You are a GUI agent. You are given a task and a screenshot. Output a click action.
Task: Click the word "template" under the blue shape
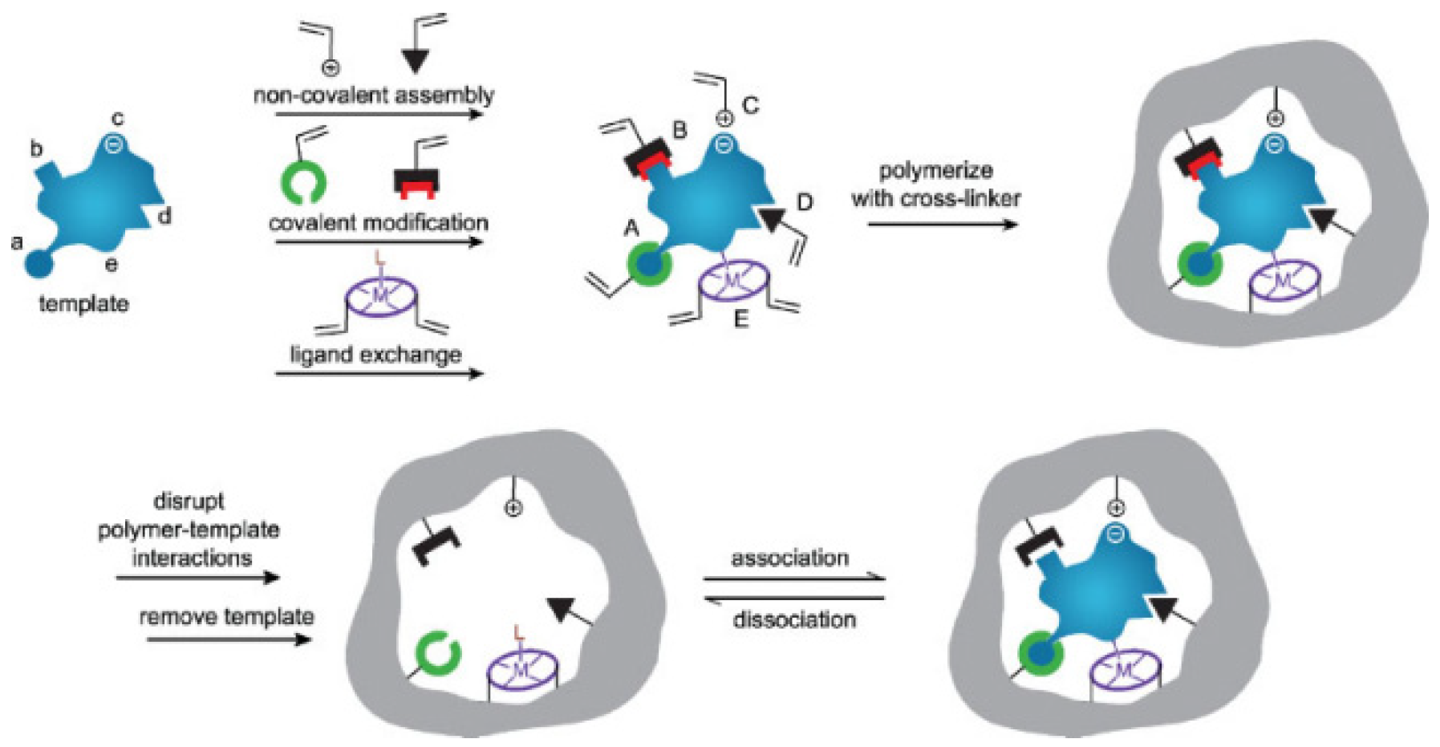[83, 304]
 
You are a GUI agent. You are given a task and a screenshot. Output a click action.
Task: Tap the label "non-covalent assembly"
[373, 95]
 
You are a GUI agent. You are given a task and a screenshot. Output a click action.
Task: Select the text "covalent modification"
[378, 222]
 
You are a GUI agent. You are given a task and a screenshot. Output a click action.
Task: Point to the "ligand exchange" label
[375, 354]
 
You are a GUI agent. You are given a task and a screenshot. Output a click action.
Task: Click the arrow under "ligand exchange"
[379, 373]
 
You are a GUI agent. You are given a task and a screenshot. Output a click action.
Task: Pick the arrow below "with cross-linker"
[942, 224]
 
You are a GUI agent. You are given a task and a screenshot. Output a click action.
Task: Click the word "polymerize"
[935, 170]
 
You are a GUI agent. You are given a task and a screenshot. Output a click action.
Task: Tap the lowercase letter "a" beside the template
[16, 242]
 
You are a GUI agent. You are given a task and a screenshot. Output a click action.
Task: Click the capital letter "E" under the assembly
[740, 319]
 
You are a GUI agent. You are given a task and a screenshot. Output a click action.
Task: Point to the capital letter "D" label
[804, 202]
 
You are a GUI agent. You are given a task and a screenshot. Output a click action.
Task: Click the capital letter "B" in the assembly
[679, 130]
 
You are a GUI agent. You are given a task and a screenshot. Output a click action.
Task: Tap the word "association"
[789, 558]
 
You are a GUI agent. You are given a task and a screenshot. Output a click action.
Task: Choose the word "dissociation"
[794, 619]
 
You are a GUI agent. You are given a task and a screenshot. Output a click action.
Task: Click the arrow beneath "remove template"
[229, 639]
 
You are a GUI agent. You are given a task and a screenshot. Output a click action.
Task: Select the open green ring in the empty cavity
[438, 653]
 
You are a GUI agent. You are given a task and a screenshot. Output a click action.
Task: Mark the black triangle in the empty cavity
[562, 610]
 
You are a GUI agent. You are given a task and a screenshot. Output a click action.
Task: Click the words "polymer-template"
[189, 530]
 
